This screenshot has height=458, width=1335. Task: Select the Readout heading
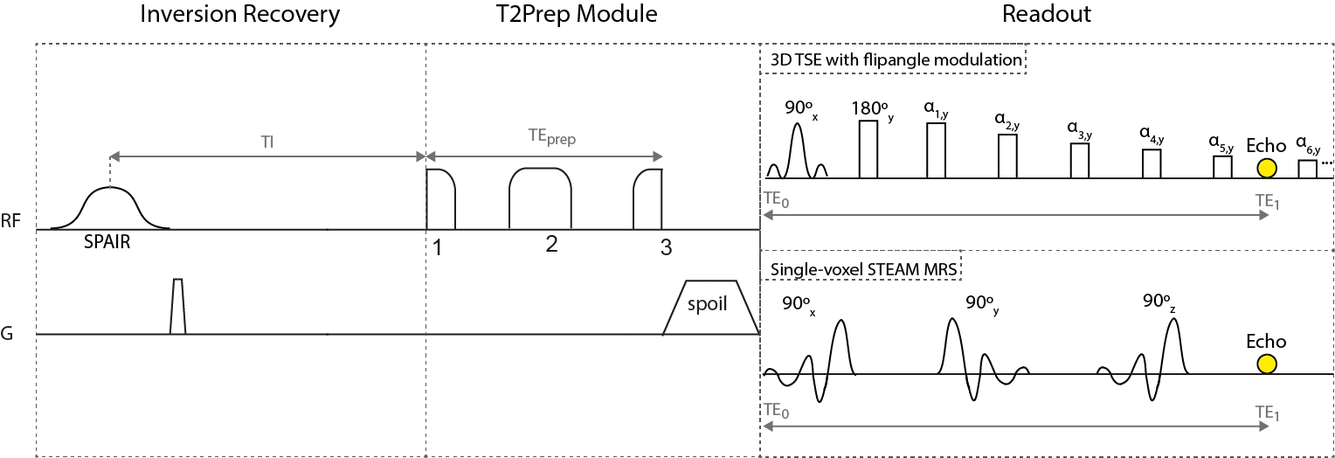coord(1048,15)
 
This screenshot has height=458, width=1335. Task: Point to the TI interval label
coord(267,142)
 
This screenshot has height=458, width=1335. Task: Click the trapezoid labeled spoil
coord(710,307)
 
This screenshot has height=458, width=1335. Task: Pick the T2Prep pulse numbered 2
coord(540,198)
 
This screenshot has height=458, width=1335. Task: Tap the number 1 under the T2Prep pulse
coord(437,247)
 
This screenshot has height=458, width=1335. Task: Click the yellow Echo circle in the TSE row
coord(1266,167)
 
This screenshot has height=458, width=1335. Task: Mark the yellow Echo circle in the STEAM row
coord(1266,363)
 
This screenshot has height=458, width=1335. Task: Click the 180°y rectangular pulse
coord(868,149)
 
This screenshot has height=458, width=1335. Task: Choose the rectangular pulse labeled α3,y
coord(1080,161)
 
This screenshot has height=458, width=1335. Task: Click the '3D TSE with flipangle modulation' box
coord(895,60)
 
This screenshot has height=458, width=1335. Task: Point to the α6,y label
coord(1307,142)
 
